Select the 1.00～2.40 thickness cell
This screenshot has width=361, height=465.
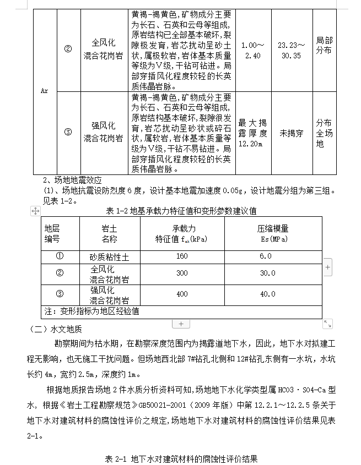pyautogui.click(x=253, y=50)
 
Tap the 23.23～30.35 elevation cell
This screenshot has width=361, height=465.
pyautogui.click(x=290, y=50)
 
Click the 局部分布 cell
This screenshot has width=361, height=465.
pyautogui.click(x=324, y=46)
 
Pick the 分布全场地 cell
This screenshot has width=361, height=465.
pyautogui.click(x=324, y=133)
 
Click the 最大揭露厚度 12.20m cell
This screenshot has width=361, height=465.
pyautogui.click(x=252, y=133)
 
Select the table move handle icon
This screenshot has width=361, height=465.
pyautogui.click(x=35, y=211)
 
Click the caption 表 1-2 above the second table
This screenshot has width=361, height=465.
pyautogui.click(x=181, y=211)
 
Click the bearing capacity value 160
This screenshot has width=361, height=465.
pyautogui.click(x=182, y=256)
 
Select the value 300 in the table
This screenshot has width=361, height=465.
pyautogui.click(x=182, y=273)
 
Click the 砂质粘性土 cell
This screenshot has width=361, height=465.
pyautogui.click(x=109, y=256)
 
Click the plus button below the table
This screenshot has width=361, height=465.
pyautogui.click(x=181, y=324)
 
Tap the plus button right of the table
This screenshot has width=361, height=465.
pyautogui.click(x=328, y=267)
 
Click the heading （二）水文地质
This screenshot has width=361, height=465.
pyautogui.click(x=55, y=330)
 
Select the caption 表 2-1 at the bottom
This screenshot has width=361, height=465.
pyautogui.click(x=181, y=458)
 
